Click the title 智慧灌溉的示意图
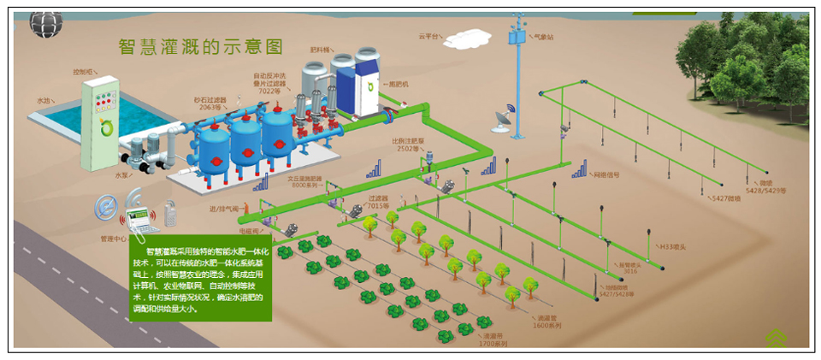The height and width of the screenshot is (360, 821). coord(200,45)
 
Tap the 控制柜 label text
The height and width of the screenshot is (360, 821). coord(83,70)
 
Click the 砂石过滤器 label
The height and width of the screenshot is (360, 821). coord(209,102)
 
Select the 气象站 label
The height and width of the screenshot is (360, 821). coord(545,38)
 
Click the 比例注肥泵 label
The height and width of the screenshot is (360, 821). coord(405,143)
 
